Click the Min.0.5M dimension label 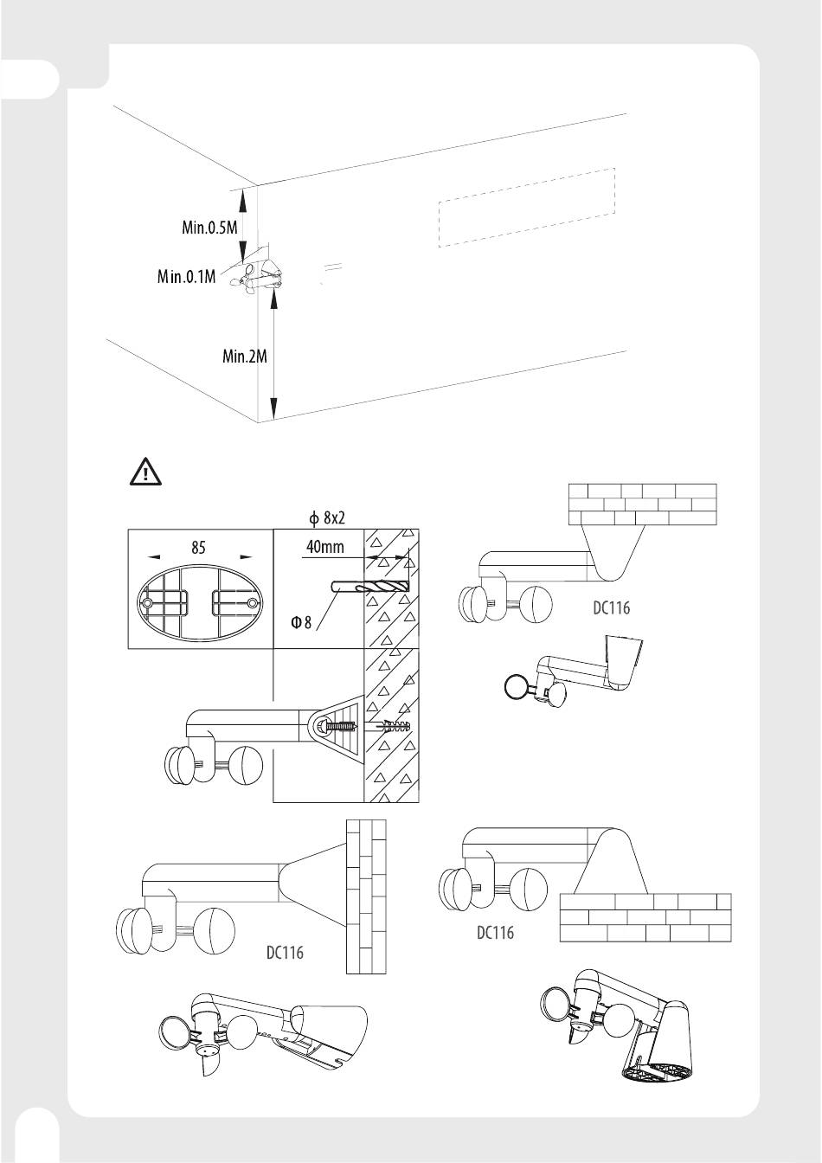(x=209, y=227)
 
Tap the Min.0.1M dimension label (x=186, y=276)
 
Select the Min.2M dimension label (x=245, y=357)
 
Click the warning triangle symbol (x=145, y=472)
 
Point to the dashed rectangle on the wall (x=527, y=207)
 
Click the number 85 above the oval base (x=198, y=547)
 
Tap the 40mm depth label (x=325, y=547)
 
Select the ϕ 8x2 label (x=327, y=517)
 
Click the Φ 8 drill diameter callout (x=301, y=621)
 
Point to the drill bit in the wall (x=369, y=588)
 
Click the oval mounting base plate (x=200, y=603)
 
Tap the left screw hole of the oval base (x=148, y=603)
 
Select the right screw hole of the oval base (x=253, y=603)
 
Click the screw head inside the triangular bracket (x=322, y=726)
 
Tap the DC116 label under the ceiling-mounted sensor (x=611, y=608)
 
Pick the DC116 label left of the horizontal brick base (x=496, y=933)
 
